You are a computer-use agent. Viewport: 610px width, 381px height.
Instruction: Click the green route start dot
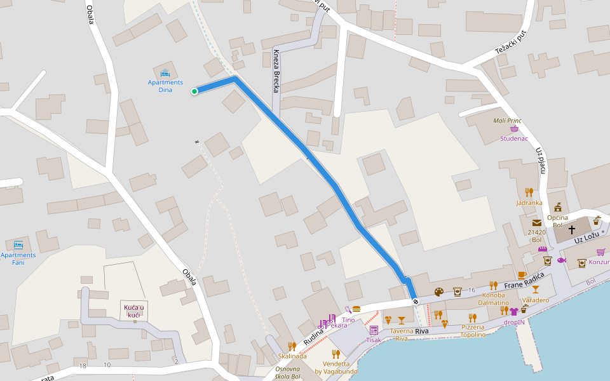[x=194, y=91]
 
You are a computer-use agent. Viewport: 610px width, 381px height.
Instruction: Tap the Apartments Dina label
[x=165, y=86]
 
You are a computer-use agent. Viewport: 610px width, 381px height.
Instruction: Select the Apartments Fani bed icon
[x=18, y=244]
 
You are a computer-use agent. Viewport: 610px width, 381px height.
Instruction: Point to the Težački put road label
[x=512, y=44]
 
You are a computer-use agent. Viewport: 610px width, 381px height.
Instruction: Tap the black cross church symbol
[x=571, y=230]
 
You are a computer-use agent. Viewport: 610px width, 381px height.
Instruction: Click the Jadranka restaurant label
[x=529, y=203]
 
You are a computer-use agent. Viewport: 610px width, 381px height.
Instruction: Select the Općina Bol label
[x=558, y=221]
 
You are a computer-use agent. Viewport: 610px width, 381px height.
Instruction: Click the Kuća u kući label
[x=134, y=311]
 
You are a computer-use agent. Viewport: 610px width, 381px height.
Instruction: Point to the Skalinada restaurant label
[x=292, y=356]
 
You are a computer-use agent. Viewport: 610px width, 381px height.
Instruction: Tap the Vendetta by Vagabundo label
[x=335, y=368]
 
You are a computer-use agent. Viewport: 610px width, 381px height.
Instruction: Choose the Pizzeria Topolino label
[x=473, y=331]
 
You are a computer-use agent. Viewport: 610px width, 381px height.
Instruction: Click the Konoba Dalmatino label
[x=493, y=298]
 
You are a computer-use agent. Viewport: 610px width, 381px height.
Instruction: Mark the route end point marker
[x=415, y=301]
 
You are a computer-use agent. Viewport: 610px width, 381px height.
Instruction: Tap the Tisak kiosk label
[x=374, y=340]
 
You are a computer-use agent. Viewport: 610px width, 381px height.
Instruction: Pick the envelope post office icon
[x=537, y=223]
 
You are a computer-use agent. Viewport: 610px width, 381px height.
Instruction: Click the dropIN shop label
[x=514, y=322]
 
